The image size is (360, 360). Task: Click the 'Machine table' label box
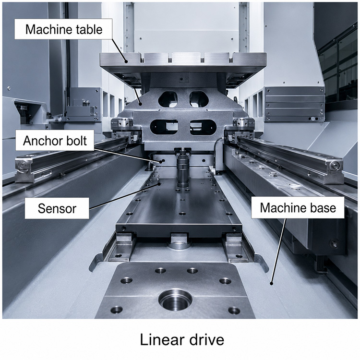63,29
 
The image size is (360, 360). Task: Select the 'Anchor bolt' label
55,140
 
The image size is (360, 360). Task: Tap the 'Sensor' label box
57,208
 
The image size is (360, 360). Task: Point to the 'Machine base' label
298,207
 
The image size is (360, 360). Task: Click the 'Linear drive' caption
182,340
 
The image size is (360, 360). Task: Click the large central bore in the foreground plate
175,300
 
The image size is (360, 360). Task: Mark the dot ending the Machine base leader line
271,283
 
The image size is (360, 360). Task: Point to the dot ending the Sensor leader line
159,184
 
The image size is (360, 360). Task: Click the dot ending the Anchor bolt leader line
163,160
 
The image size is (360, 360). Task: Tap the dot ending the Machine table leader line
126,61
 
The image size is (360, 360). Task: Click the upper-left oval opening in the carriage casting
168,99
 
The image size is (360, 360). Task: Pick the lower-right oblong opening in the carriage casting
203,127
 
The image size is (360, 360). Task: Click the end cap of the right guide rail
335,169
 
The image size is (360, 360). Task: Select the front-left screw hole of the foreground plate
117,310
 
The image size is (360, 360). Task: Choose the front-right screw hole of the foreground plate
234,311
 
